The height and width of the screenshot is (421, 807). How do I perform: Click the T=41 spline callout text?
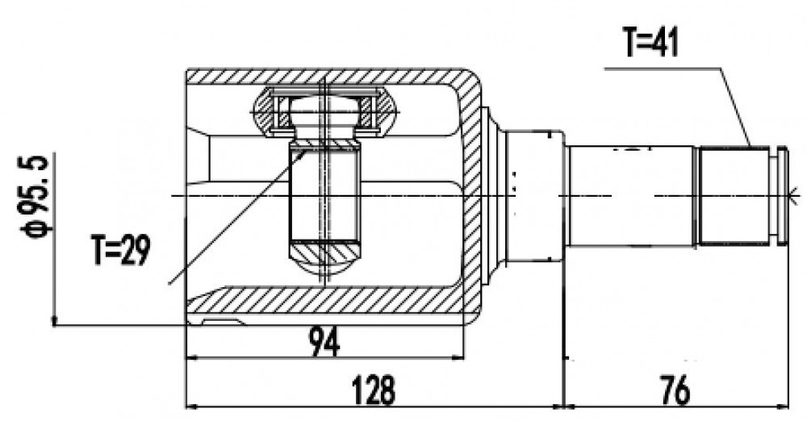(x=650, y=42)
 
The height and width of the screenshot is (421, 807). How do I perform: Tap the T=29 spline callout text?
(x=121, y=249)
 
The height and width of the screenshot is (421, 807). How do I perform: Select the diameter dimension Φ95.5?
(x=35, y=196)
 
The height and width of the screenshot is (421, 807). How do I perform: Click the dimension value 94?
(x=324, y=342)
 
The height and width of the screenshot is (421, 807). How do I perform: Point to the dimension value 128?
(x=373, y=390)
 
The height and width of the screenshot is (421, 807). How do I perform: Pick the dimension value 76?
(x=673, y=390)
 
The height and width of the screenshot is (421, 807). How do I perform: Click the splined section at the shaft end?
(x=734, y=195)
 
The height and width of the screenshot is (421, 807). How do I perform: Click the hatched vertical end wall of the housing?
(x=472, y=195)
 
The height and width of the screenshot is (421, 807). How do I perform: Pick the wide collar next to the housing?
(x=535, y=195)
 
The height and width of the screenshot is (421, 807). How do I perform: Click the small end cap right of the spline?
(x=783, y=195)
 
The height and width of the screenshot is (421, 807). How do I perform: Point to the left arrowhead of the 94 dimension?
(x=191, y=357)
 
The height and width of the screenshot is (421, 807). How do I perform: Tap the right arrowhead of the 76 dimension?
(x=783, y=406)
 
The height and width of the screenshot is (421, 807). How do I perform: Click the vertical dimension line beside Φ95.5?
(x=53, y=239)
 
